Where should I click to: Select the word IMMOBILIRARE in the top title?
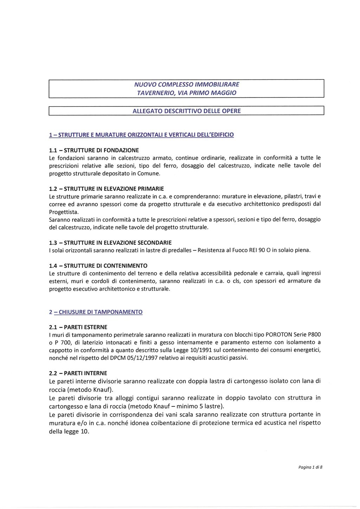point(219,84)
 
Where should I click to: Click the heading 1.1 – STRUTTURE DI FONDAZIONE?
point(94,150)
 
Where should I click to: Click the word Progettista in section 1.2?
point(64,212)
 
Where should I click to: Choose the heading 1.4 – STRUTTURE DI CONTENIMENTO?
point(98,265)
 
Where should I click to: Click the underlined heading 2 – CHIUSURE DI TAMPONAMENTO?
point(96,312)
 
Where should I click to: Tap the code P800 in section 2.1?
point(315,335)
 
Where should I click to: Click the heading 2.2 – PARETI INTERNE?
point(78,373)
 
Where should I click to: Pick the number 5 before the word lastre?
point(201,406)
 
